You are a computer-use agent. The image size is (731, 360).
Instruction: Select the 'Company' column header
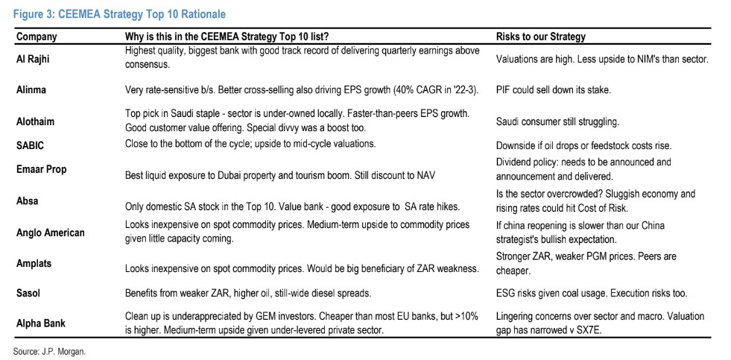tap(37, 37)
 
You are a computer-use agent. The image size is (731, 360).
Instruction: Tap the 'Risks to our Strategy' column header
tap(541, 37)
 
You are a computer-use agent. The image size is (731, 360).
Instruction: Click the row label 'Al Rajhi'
tap(34, 60)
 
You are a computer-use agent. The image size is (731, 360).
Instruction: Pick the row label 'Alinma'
tap(31, 90)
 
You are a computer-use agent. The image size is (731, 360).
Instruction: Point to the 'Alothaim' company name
tap(36, 121)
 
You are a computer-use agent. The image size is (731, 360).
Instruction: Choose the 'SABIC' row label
tap(31, 145)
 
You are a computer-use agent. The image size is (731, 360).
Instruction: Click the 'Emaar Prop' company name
tap(42, 169)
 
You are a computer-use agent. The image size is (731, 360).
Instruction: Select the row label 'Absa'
tap(28, 201)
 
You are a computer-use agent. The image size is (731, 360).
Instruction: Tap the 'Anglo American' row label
tap(51, 233)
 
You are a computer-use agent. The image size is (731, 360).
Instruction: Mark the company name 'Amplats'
tap(34, 263)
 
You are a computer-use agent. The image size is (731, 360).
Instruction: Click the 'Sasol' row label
tap(29, 294)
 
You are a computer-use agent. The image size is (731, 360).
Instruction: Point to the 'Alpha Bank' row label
tap(41, 323)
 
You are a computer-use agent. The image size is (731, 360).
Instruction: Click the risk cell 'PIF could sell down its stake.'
tap(553, 90)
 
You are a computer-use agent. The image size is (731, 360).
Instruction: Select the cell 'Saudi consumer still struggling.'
tap(557, 122)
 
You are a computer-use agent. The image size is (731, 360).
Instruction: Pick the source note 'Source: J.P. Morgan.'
tap(49, 352)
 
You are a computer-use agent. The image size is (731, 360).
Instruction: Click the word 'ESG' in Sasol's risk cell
tap(506, 294)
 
